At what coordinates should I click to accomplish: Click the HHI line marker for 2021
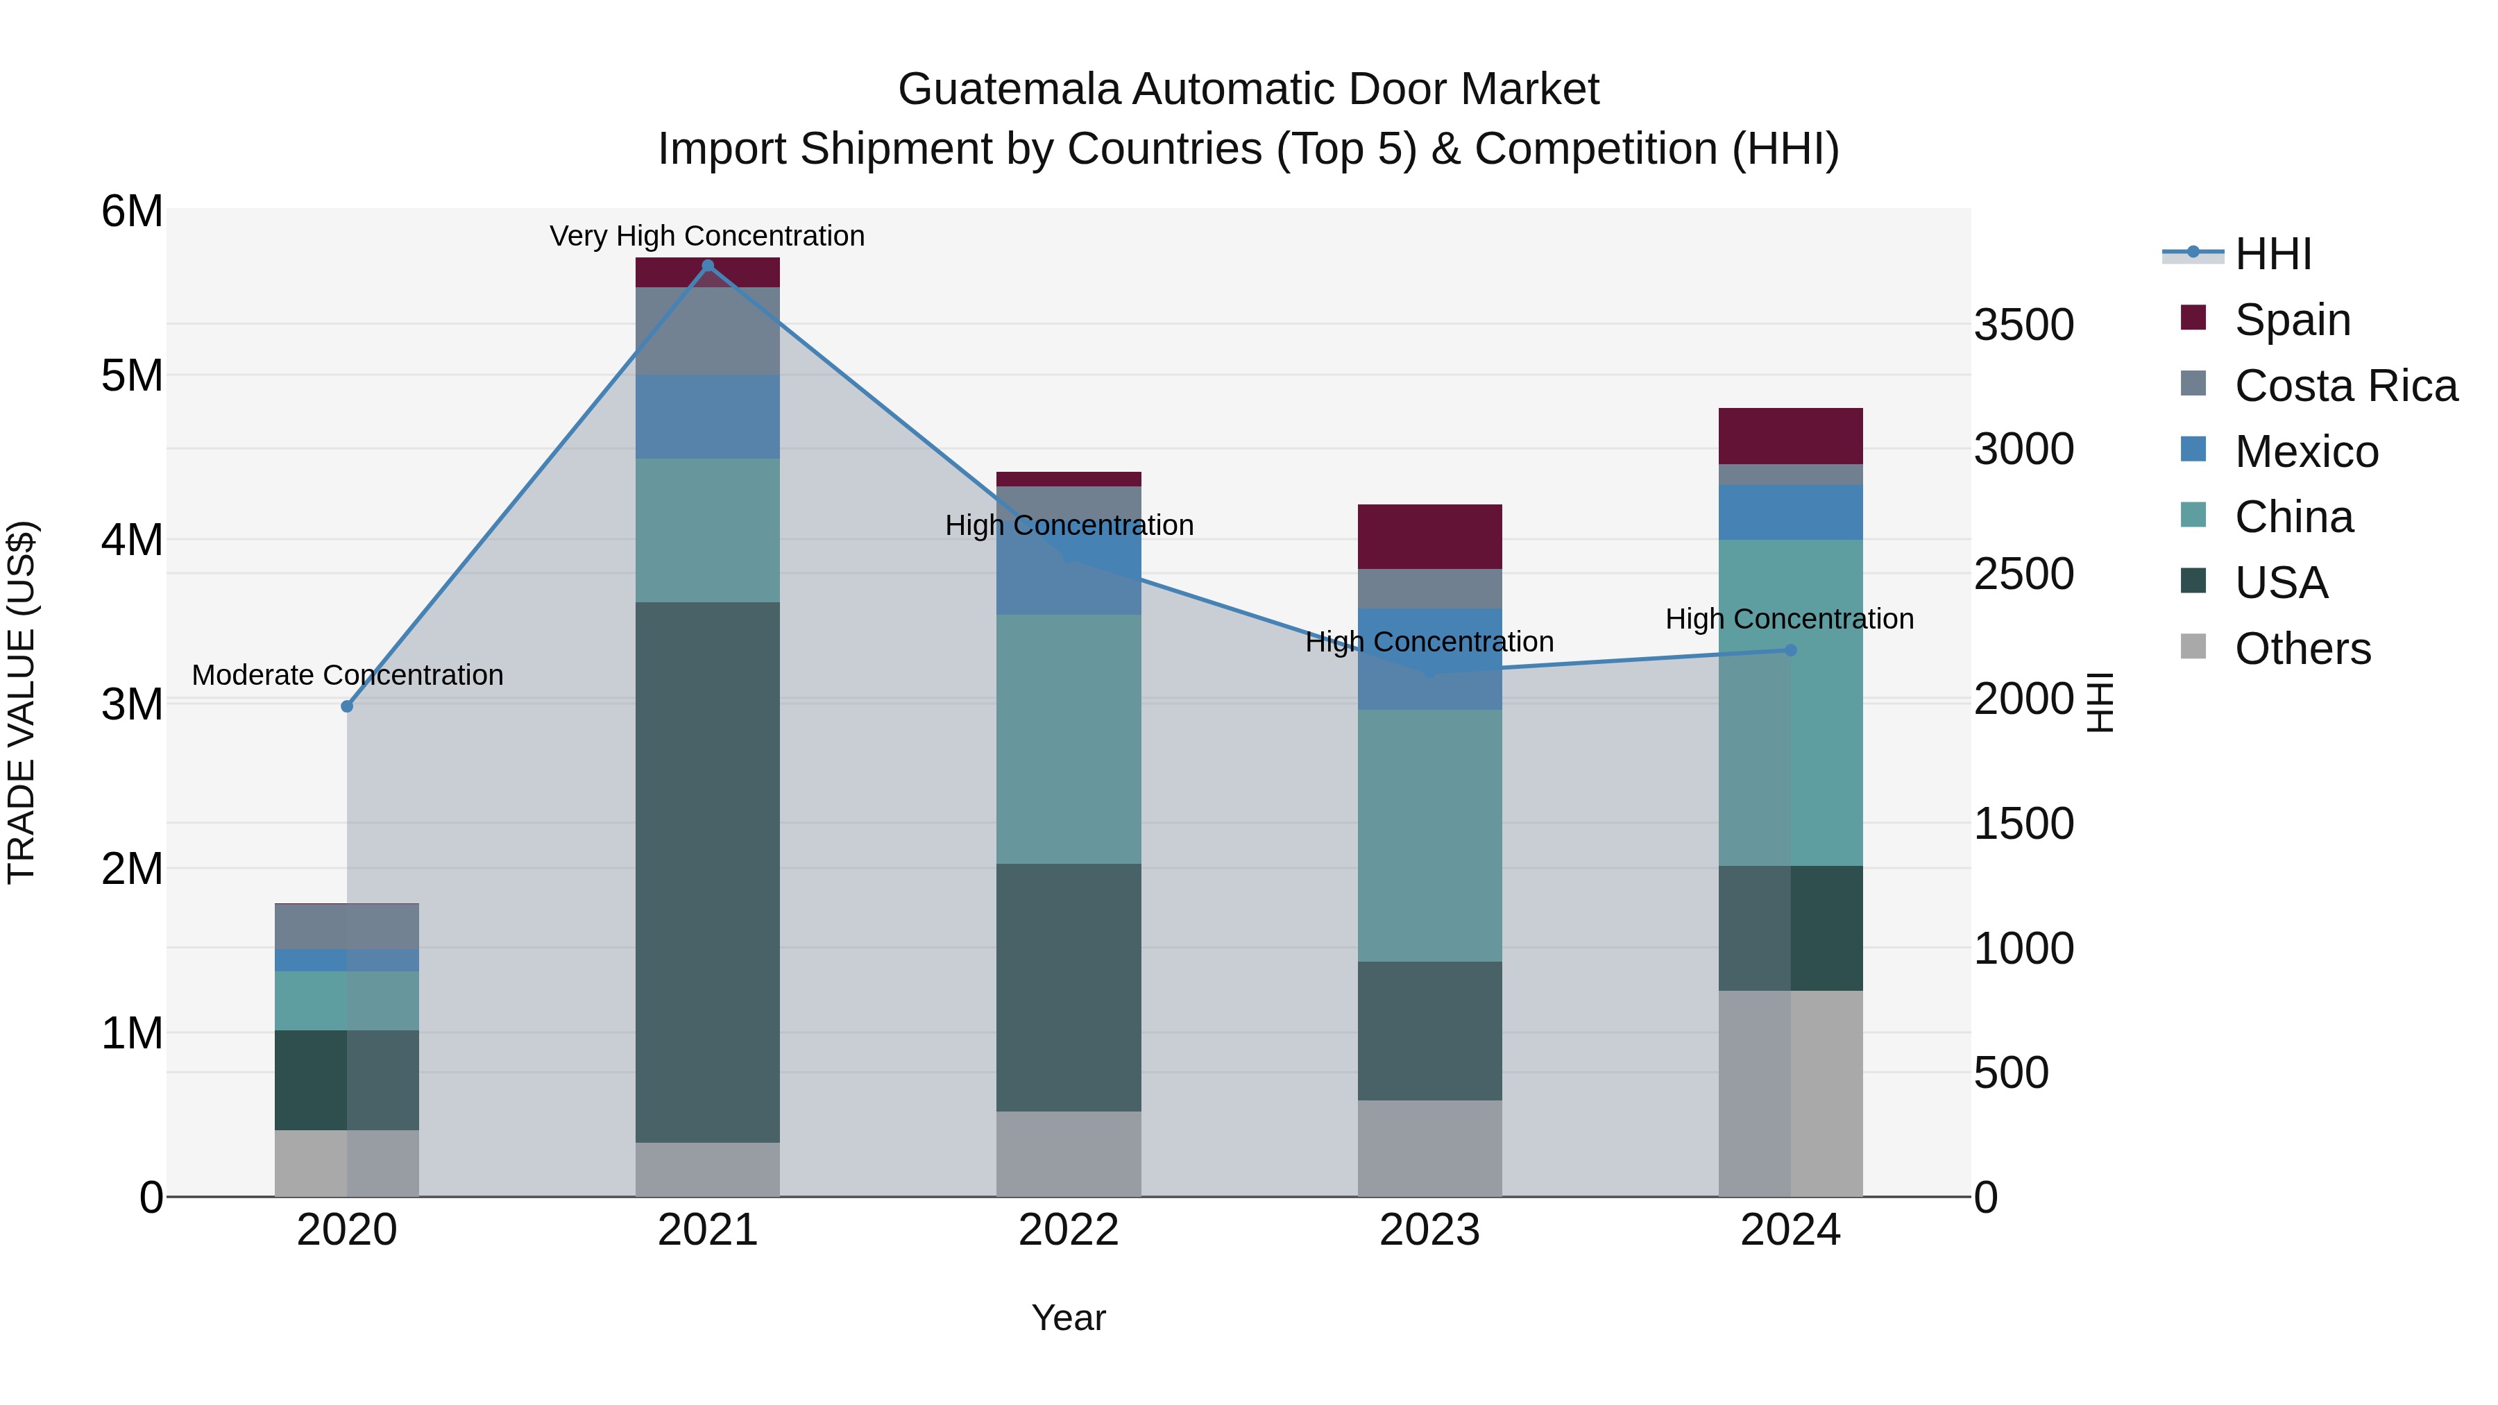[707, 266]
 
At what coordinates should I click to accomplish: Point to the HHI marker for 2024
[1790, 651]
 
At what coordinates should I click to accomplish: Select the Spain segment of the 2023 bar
[1429, 536]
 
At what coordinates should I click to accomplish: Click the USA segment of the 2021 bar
[707, 873]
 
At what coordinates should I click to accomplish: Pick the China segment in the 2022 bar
[1069, 739]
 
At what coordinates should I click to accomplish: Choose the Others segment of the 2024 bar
[1790, 1093]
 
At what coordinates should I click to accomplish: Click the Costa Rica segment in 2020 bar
[347, 927]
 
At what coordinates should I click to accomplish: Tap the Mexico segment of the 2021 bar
[707, 417]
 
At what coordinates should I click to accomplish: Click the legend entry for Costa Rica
[2344, 386]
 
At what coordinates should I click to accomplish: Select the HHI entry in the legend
[2272, 254]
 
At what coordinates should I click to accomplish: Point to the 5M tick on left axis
[133, 376]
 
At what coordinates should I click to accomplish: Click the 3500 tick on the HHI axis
[2024, 325]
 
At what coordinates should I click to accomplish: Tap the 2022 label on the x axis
[1069, 1230]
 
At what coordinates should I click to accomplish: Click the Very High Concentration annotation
[707, 236]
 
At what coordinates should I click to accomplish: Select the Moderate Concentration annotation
[347, 675]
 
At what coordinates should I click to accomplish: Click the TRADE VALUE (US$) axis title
[22, 702]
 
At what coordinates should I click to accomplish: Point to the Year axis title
[1069, 1318]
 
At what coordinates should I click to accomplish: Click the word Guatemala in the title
[1008, 90]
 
